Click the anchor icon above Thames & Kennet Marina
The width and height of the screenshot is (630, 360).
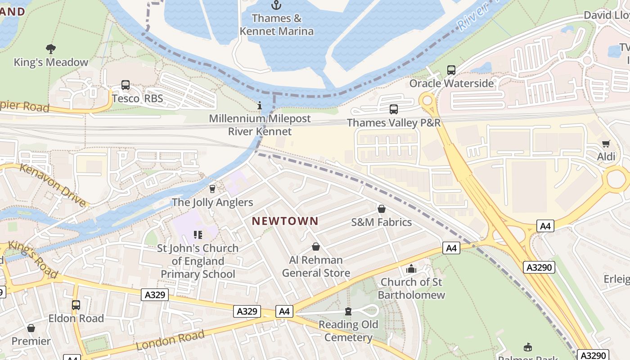276,5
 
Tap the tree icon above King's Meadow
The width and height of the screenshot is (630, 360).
51,49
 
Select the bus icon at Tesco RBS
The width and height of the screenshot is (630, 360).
126,85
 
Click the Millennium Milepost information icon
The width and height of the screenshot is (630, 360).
259,106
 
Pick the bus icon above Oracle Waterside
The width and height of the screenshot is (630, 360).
451,70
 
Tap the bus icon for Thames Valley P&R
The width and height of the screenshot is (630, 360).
393,109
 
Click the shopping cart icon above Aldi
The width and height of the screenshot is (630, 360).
606,144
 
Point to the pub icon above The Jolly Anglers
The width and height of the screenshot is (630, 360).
212,189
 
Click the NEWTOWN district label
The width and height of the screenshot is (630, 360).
285,221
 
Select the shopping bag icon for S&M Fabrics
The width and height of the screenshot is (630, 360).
381,209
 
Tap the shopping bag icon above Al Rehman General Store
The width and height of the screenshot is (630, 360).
316,247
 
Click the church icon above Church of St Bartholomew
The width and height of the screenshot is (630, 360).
411,269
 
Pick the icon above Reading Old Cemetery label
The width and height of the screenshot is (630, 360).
348,311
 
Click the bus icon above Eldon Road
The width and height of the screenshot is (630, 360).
76,305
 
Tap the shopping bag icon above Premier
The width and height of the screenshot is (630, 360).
31,328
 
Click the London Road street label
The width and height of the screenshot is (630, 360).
170,340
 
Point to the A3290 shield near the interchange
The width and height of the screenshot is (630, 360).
539,267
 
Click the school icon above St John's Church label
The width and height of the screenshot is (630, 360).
198,234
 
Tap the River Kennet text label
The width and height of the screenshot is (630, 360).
260,131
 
